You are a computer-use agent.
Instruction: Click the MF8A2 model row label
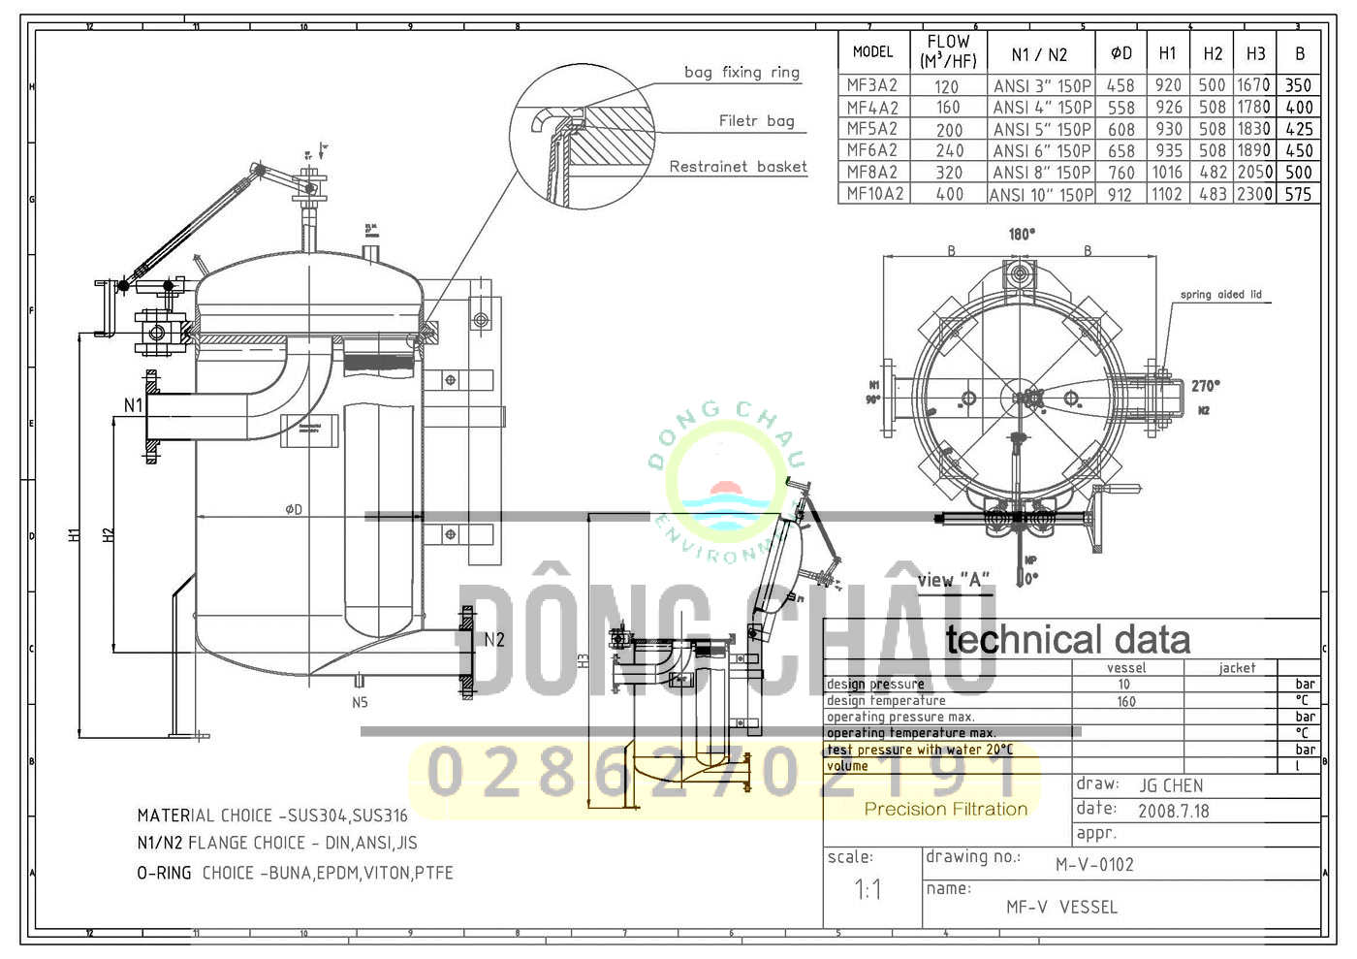click(x=871, y=172)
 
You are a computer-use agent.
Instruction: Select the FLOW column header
click(x=948, y=51)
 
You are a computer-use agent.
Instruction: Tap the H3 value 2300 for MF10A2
click(x=1253, y=194)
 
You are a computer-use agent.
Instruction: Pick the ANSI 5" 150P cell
click(x=1042, y=129)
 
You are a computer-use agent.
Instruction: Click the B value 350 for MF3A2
click(x=1298, y=85)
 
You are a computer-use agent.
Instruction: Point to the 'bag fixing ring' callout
click(x=742, y=72)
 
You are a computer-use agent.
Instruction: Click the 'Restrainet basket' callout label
click(x=738, y=167)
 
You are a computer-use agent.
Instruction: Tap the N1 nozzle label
click(x=133, y=405)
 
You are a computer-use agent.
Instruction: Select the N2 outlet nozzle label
click(x=494, y=639)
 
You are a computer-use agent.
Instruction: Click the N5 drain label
click(x=360, y=702)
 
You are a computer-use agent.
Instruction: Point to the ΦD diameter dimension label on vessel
click(x=294, y=509)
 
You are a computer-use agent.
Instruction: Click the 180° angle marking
click(x=1022, y=234)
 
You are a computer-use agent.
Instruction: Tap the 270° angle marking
click(x=1206, y=386)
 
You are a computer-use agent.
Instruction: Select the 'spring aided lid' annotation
click(x=1220, y=295)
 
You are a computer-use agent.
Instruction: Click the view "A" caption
click(x=954, y=580)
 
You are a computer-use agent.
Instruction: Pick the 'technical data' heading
click(x=1067, y=640)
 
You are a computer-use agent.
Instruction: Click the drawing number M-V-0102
click(x=1094, y=864)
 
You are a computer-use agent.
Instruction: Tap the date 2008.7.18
click(x=1173, y=811)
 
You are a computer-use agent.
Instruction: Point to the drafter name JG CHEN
click(x=1171, y=785)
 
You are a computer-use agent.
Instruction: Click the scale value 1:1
click(x=868, y=889)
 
